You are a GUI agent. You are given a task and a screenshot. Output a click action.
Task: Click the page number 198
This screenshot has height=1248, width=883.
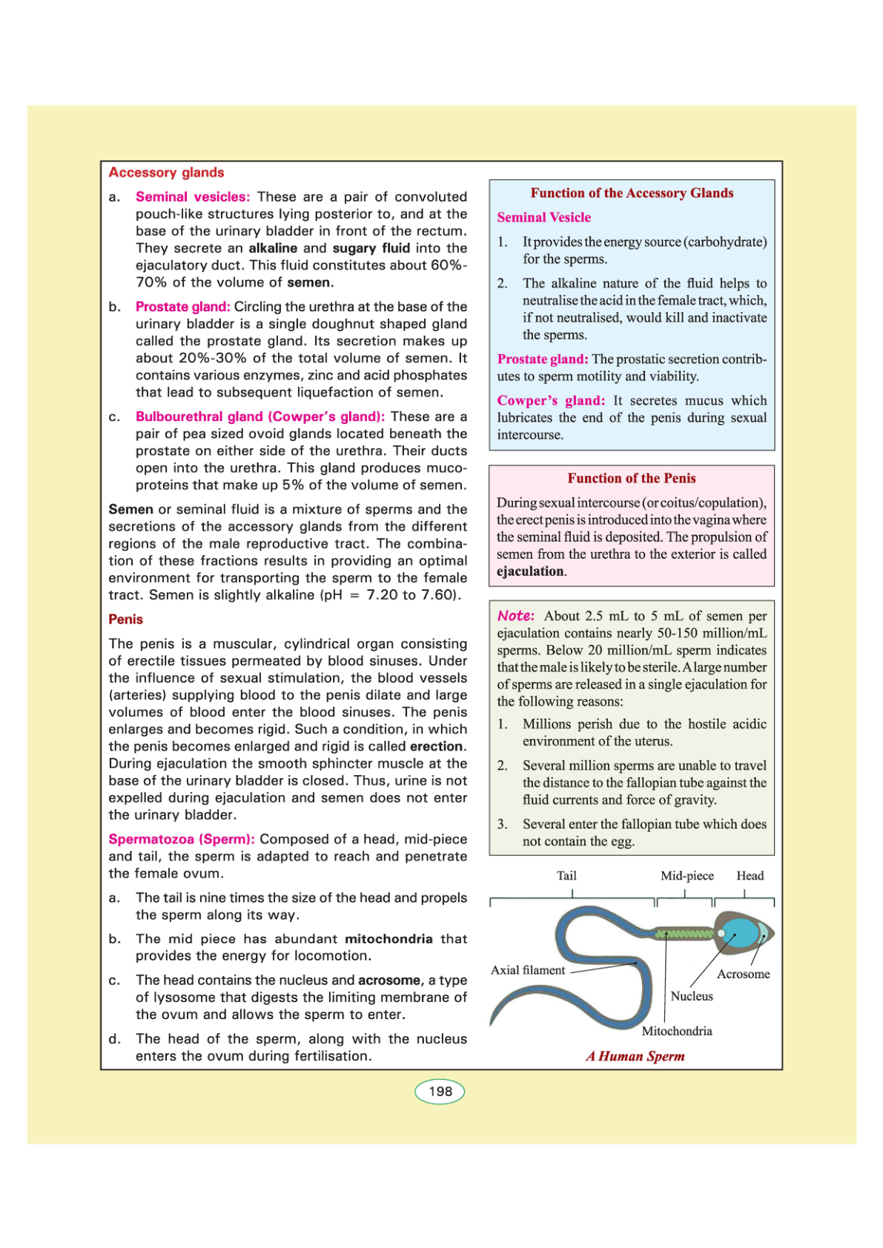click(440, 1092)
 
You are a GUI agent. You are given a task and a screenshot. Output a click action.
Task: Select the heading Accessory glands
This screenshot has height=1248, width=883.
click(166, 173)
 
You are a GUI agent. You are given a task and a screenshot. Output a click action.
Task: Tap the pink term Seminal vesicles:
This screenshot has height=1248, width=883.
click(193, 197)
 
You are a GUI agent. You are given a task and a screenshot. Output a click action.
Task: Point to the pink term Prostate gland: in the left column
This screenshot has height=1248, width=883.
click(182, 307)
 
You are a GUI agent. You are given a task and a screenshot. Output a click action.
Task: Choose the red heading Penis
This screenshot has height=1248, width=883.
click(125, 620)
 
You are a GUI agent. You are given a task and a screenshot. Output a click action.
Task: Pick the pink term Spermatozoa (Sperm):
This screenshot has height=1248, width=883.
click(182, 840)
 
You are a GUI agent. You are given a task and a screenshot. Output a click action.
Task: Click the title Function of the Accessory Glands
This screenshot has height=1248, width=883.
click(632, 193)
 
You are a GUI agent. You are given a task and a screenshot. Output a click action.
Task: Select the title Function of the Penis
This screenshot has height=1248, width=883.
click(632, 479)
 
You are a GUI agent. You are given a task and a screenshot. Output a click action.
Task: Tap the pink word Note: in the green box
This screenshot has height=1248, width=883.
click(516, 616)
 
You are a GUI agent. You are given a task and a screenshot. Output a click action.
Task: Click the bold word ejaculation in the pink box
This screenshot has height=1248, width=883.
click(530, 571)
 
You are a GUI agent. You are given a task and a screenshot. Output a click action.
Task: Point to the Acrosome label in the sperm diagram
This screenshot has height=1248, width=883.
click(743, 974)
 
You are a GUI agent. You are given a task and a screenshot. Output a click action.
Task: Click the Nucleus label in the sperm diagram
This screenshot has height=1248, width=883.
click(692, 996)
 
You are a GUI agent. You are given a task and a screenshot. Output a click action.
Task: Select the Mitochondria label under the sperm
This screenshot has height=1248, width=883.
click(677, 1031)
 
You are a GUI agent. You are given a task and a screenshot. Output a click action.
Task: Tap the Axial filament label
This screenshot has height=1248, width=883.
click(528, 970)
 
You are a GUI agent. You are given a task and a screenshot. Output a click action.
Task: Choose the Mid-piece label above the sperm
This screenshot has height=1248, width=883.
click(687, 876)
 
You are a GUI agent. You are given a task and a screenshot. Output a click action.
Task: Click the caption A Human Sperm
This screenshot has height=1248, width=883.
click(635, 1056)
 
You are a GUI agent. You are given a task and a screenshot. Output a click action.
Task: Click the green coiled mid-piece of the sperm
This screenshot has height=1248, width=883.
click(684, 934)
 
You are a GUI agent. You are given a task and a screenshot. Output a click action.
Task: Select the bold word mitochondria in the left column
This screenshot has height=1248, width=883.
click(388, 939)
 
